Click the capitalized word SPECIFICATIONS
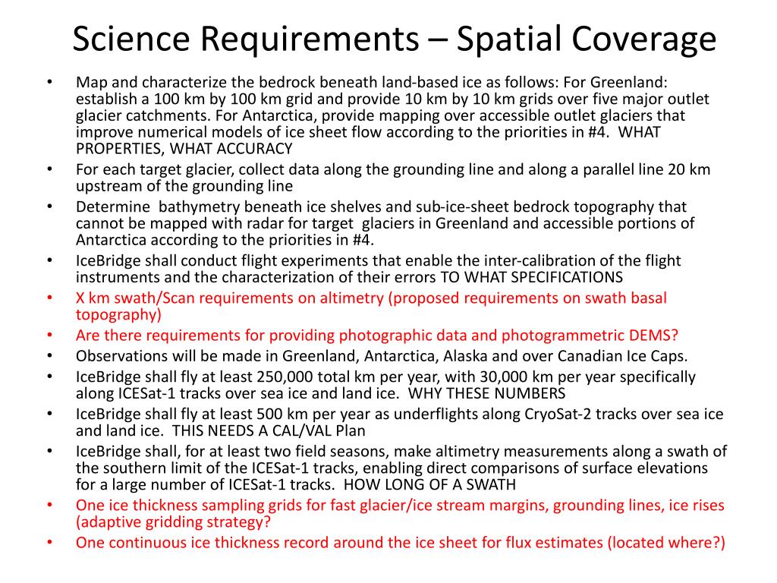click(558, 277)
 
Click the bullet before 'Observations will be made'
click(49, 356)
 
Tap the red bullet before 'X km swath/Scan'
click(49, 298)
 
